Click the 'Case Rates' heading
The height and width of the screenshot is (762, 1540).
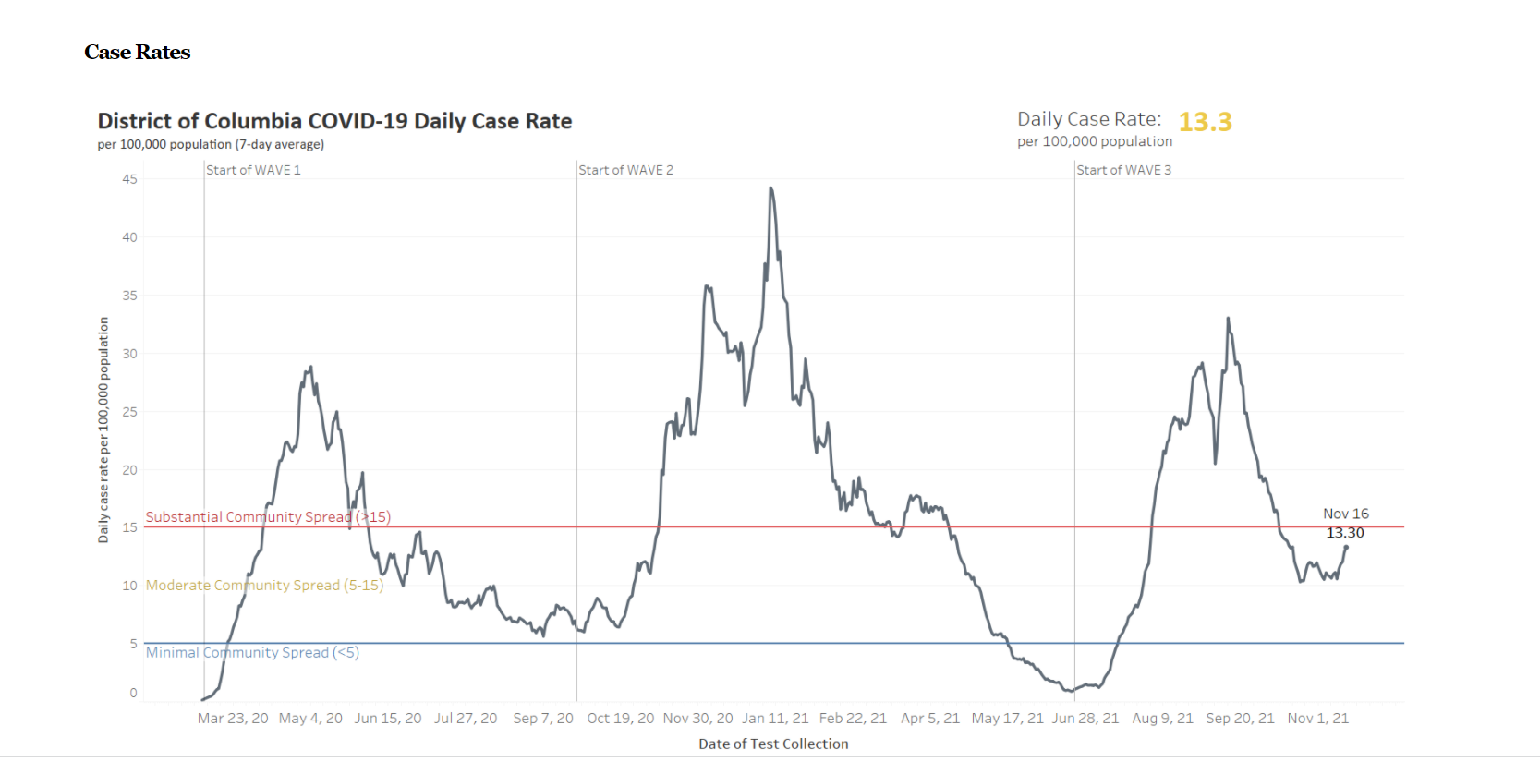[x=137, y=53]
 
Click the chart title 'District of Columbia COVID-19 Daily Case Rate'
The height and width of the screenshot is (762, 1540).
[x=334, y=122]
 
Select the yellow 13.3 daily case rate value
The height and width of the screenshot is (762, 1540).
[x=1205, y=122]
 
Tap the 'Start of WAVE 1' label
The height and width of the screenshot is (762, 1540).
[x=253, y=170]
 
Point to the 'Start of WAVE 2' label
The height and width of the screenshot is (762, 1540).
[x=625, y=170]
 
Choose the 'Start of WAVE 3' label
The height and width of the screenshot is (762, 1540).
[x=1123, y=170]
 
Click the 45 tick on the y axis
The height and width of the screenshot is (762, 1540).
[x=130, y=179]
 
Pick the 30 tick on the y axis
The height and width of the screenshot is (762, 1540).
[x=130, y=354]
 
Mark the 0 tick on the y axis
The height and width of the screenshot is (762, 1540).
[x=134, y=693]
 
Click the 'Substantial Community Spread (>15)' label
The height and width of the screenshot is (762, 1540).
[x=268, y=517]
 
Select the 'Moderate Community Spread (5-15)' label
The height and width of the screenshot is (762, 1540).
[x=264, y=586]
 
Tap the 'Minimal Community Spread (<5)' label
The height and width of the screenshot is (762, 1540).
[x=252, y=653]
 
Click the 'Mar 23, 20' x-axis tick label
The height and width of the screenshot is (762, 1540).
[x=233, y=719]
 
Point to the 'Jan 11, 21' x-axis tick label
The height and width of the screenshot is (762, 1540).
[x=775, y=719]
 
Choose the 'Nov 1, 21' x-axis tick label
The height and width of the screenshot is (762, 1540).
[x=1317, y=719]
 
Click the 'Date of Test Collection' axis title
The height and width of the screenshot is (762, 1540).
[x=773, y=744]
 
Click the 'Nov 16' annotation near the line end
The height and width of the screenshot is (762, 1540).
[x=1345, y=514]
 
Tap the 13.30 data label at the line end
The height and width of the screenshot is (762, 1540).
[x=1345, y=533]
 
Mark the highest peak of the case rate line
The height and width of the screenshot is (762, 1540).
[x=770, y=188]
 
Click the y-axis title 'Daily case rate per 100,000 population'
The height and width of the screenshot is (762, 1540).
[x=103, y=429]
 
